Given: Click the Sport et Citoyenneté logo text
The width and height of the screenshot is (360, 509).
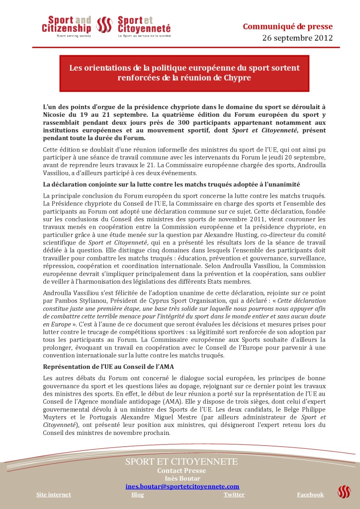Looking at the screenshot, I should tap(144, 25).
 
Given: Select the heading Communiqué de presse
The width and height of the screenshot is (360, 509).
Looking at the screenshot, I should tap(287, 26).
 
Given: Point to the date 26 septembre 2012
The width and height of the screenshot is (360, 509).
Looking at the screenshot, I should tap(297, 38).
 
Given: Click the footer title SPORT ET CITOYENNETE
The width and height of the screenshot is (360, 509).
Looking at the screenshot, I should tap(181, 461).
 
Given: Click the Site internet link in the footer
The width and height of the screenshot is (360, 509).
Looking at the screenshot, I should tap(54, 495).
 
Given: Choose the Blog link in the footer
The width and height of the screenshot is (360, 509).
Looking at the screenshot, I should tap(138, 495).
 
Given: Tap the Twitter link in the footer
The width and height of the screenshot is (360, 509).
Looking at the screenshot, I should tap(234, 495).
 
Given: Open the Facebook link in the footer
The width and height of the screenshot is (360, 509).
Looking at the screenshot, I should tap(310, 495).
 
